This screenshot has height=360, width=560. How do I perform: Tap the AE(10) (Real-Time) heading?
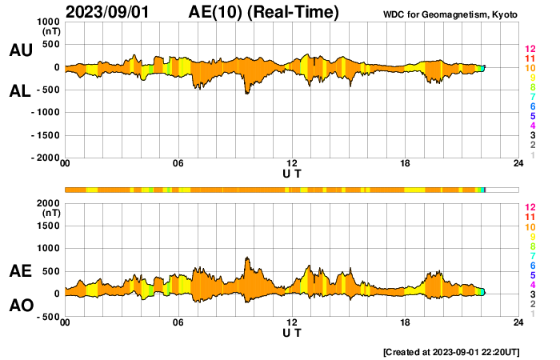click(x=264, y=12)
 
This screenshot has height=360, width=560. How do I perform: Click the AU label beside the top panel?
click(x=20, y=50)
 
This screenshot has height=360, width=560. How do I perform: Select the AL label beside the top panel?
click(x=20, y=91)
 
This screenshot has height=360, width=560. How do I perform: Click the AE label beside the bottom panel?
click(x=20, y=272)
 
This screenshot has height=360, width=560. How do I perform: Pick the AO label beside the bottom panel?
click(x=20, y=306)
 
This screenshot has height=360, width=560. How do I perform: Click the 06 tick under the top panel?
click(x=178, y=165)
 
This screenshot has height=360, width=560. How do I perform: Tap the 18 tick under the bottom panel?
click(x=406, y=322)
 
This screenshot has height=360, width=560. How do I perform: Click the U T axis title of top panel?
click(x=292, y=173)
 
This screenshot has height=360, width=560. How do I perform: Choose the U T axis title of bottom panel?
click(x=292, y=331)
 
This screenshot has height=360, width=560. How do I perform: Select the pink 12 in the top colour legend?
click(x=530, y=49)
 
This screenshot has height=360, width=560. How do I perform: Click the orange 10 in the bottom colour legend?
click(x=530, y=227)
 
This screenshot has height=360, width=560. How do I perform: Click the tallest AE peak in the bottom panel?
click(x=247, y=258)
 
